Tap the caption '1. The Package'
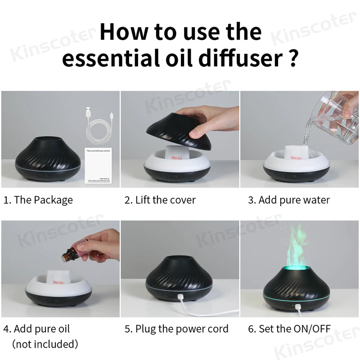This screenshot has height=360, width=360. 38,200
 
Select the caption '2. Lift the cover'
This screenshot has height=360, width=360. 160,200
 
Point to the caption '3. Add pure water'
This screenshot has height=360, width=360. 288,200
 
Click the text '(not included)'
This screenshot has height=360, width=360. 45,344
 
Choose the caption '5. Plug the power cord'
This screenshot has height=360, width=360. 176,329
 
